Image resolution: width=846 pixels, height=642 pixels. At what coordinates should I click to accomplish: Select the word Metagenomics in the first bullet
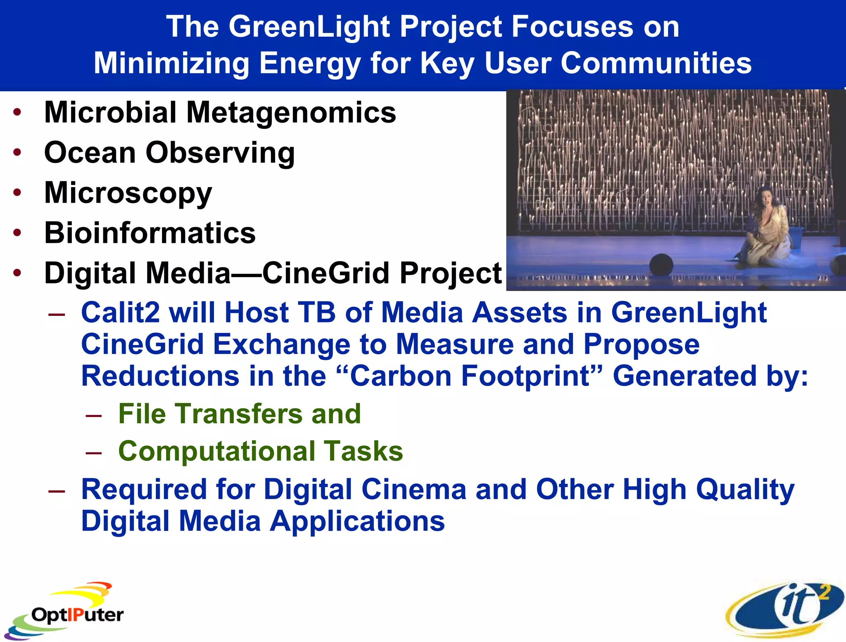pos(291,113)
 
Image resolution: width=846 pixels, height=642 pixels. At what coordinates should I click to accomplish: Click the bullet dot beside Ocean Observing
pos(17,152)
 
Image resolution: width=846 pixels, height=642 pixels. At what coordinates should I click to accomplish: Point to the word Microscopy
pos(128,193)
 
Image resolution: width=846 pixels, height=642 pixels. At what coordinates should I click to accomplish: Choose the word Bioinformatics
pos(150,233)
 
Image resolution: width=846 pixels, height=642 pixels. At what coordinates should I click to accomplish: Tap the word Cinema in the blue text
pos(413,490)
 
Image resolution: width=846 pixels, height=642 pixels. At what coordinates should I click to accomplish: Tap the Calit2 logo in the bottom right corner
pos(785,609)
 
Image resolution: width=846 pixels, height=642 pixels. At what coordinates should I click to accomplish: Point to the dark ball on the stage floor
pos(661,265)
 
